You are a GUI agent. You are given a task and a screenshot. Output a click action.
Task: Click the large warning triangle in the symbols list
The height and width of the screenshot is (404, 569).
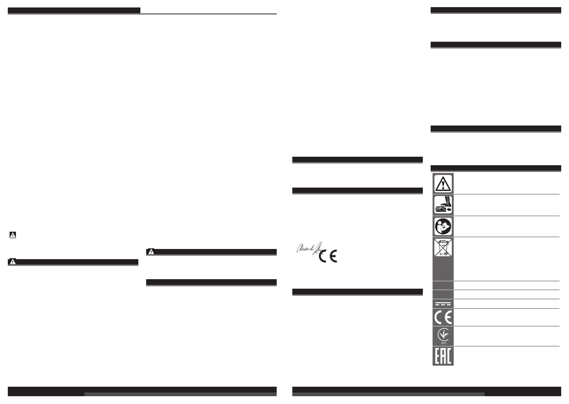[443, 184]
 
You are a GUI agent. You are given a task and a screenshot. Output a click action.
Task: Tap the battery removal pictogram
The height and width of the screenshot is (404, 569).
[443, 205]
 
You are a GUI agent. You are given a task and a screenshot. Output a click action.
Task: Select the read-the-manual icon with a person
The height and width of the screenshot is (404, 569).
[443, 226]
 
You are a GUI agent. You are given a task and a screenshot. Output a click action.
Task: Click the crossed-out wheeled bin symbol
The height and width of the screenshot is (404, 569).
[443, 248]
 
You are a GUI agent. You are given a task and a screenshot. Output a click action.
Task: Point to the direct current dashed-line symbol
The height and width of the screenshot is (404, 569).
[443, 304]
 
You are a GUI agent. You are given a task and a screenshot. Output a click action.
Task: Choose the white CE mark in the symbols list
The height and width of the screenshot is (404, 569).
[443, 318]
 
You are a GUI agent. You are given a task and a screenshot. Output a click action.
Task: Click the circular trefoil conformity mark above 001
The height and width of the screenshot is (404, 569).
[443, 334]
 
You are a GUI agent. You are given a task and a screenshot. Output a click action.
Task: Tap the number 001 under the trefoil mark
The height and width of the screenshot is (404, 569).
[443, 343]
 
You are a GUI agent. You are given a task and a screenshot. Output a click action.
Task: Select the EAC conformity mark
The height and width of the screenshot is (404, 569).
[443, 356]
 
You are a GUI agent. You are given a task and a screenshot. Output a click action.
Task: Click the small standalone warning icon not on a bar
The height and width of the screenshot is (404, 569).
[13, 234]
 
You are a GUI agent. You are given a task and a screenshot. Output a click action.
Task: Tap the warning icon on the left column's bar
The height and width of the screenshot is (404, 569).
[13, 262]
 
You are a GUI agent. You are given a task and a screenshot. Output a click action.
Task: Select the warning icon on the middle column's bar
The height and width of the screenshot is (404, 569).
[151, 252]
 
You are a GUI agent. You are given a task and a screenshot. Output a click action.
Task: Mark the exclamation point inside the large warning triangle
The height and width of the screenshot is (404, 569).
[443, 185]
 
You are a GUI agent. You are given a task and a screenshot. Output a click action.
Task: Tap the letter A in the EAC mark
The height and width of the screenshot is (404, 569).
[443, 356]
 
